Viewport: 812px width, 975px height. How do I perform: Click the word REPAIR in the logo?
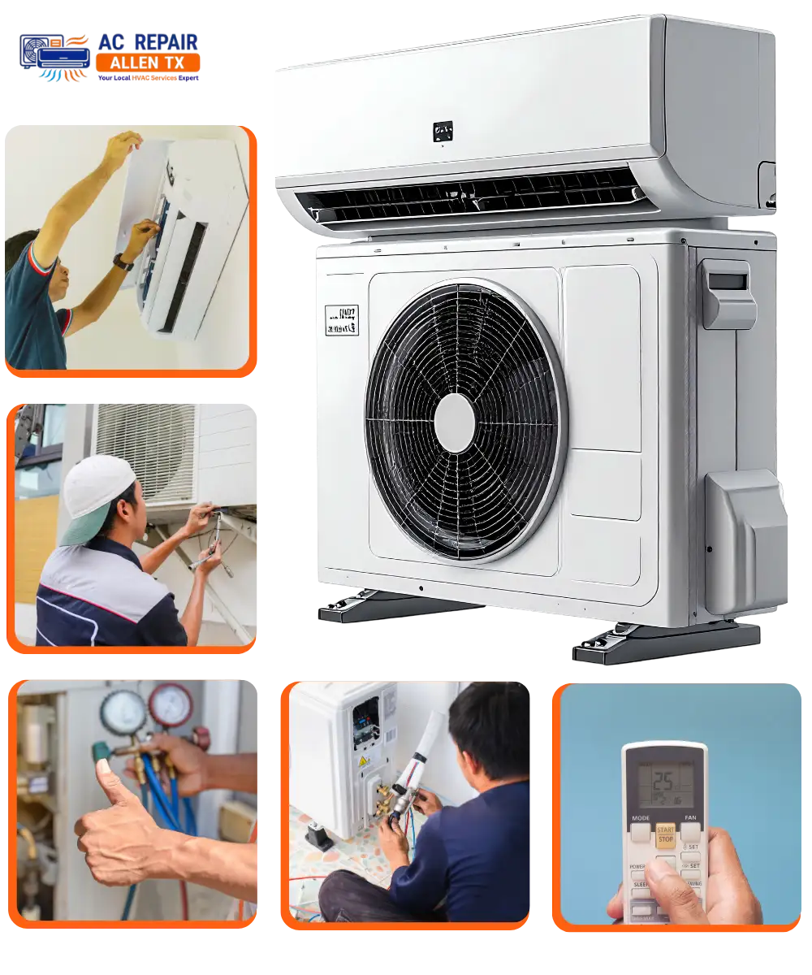[167, 42]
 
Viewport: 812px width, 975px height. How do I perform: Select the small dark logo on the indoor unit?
[443, 131]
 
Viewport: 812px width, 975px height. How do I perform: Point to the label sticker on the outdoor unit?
[341, 320]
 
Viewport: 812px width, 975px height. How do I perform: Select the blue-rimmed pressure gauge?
[123, 713]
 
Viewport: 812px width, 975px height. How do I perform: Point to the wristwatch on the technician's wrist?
[123, 262]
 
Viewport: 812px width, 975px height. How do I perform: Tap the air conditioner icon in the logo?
[55, 57]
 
